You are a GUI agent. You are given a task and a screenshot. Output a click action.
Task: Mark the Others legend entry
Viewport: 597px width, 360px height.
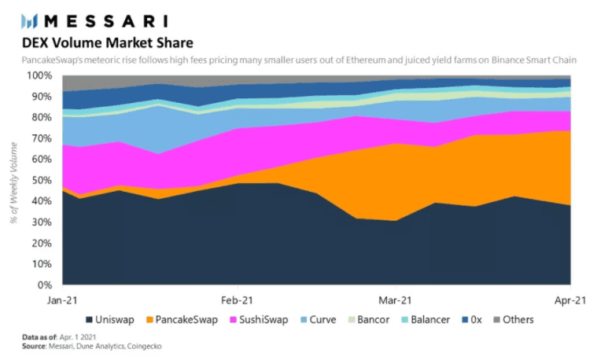coord(514,320)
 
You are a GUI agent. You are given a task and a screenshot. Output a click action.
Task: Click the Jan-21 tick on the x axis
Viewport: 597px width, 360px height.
coord(62,299)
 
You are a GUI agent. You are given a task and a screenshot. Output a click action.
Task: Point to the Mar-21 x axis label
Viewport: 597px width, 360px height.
coord(396,299)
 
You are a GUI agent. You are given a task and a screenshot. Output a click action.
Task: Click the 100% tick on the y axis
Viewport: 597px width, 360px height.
coord(41,75)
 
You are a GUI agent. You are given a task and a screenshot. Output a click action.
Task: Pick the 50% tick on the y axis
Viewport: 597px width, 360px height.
coord(43,180)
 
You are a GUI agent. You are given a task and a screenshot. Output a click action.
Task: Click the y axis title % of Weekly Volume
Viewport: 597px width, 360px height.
coord(14,180)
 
